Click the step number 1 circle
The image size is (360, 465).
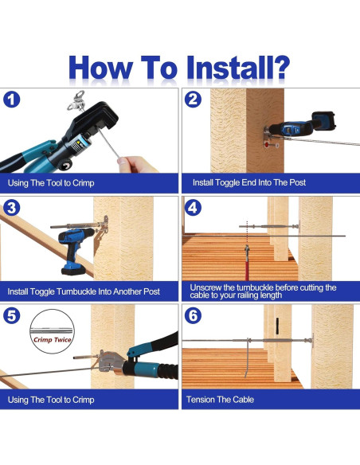(12, 100)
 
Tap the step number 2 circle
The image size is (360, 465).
(193, 100)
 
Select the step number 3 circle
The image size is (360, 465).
(12, 208)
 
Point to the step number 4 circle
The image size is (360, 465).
(193, 208)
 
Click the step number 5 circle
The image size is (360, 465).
(12, 315)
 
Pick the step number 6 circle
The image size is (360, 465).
(193, 315)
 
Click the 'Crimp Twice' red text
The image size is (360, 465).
(53, 339)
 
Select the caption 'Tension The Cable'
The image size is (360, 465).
(220, 400)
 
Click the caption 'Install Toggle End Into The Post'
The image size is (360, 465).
(249, 182)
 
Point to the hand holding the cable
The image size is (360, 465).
(137, 164)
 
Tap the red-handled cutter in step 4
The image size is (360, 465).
(247, 263)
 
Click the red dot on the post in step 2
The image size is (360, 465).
(267, 145)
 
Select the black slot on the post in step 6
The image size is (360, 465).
(277, 326)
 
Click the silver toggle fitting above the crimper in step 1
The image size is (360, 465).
(77, 101)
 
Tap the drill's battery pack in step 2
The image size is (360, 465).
(324, 121)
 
